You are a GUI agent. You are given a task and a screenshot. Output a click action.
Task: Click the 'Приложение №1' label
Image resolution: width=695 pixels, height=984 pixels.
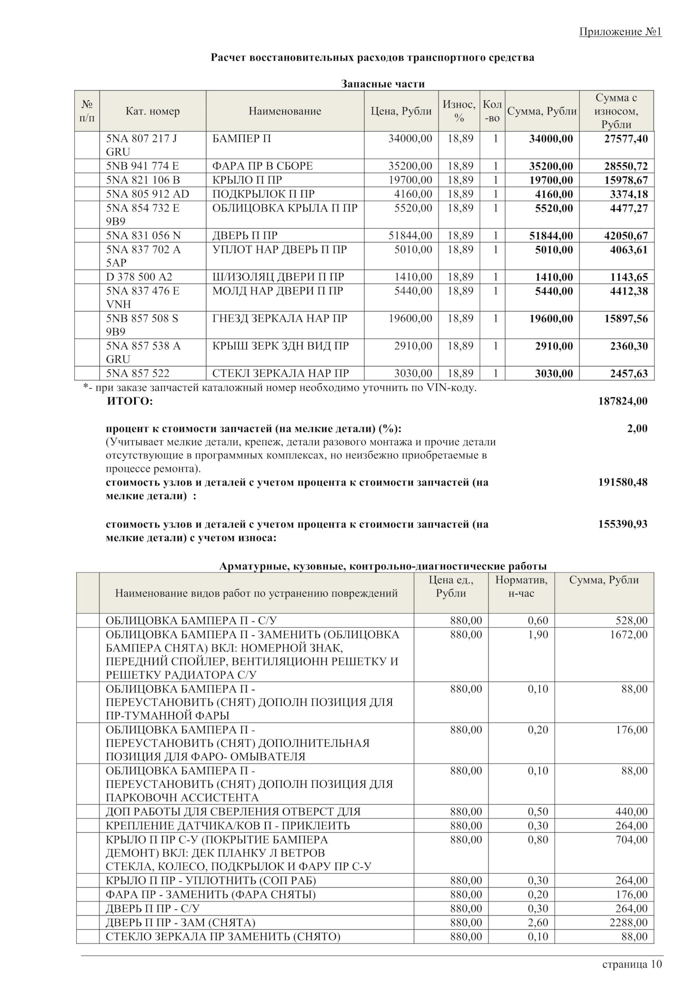[620, 32]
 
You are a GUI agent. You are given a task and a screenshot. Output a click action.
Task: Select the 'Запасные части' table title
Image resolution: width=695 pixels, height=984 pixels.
[383, 84]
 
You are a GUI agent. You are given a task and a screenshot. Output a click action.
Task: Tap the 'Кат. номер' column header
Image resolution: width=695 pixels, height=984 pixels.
[153, 111]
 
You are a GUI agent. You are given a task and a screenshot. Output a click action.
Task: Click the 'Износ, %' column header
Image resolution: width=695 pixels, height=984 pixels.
[459, 111]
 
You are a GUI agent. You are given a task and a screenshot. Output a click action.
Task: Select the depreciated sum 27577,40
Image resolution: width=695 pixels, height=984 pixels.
[626, 139]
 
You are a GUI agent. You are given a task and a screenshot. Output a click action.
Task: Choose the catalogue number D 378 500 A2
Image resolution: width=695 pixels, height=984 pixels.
[139, 277]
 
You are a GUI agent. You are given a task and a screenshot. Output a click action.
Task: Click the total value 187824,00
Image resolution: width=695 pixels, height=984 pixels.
[622, 401]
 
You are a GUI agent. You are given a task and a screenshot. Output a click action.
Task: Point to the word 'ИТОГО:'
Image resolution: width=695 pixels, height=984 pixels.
[130, 401]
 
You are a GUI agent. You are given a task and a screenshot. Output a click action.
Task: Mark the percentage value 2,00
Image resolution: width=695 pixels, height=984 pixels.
[637, 429]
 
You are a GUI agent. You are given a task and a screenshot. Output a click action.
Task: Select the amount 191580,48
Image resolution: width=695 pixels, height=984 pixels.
[622, 483]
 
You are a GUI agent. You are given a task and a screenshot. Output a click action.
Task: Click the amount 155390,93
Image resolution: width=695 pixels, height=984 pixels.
[622, 525]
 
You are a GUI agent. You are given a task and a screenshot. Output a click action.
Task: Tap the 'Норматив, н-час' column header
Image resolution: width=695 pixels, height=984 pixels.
[521, 587]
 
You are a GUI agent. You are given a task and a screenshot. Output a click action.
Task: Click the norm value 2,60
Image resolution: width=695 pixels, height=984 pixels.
[538, 923]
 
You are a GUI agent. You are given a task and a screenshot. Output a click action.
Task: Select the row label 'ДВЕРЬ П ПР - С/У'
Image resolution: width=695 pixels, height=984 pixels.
[153, 909]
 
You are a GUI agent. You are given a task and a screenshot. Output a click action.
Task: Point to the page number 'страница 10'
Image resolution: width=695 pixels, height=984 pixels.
[632, 965]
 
